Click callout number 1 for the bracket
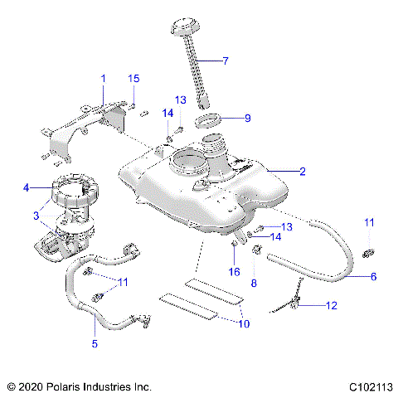tap(104, 78)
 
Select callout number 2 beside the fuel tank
tap(303, 172)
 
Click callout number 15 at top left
tap(133, 78)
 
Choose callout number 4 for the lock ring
tap(27, 189)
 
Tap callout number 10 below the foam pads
tap(242, 323)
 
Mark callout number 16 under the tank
tap(235, 271)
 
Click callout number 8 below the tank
tap(255, 283)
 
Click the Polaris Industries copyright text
tap(80, 386)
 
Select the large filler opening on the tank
tap(190, 160)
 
